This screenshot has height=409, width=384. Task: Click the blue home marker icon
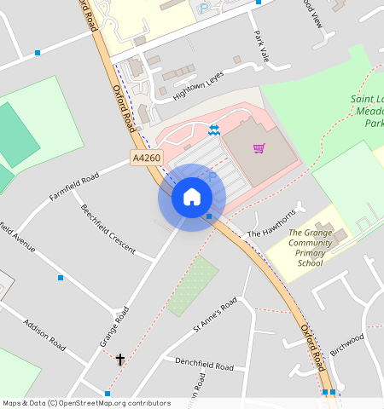point(192,198)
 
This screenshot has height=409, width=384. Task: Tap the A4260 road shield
point(146,158)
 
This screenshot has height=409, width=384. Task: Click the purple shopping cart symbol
point(259,148)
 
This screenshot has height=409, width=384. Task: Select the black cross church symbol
point(120,360)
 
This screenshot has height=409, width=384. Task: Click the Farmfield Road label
point(74,186)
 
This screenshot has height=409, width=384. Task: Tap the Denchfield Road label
point(204,366)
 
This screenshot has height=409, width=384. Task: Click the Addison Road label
point(44,336)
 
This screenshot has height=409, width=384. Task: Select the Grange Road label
point(113,326)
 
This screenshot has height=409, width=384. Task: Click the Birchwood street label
point(347,343)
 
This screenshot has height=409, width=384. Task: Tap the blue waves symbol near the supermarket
point(213,129)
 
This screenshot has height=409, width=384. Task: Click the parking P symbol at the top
point(202,9)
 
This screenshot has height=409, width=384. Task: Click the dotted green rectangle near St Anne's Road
point(193,286)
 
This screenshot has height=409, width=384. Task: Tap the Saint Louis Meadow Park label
point(367,111)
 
